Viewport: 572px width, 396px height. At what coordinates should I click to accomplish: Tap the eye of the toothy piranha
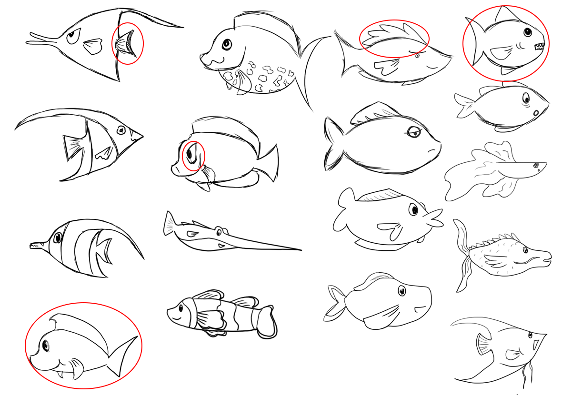pyautogui.click(x=528, y=32)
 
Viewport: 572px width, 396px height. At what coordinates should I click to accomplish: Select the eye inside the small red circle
pyautogui.click(x=191, y=155)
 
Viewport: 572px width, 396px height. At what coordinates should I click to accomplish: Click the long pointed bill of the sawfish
pyautogui.click(x=267, y=243)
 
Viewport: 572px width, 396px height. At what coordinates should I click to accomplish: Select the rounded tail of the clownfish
pyautogui.click(x=268, y=322)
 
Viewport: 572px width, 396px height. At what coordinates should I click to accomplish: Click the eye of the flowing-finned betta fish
pyautogui.click(x=536, y=165)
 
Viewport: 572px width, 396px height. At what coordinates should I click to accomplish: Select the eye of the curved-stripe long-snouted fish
pyautogui.click(x=58, y=237)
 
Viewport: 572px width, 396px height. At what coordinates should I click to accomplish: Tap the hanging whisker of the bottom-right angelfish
pyautogui.click(x=525, y=374)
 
